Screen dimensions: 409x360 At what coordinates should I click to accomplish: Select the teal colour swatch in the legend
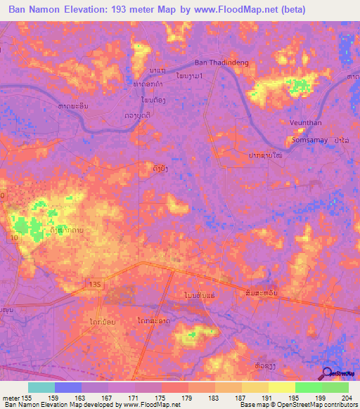[41, 387]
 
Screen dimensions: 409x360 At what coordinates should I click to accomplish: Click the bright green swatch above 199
[308, 387]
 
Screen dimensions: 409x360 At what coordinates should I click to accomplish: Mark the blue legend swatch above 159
[68, 387]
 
